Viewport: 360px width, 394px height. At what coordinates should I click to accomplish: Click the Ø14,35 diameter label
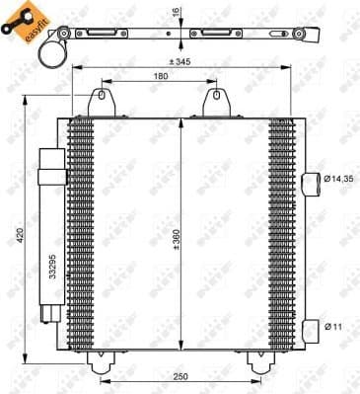click(x=339, y=179)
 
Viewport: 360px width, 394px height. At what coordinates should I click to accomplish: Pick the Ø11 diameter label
click(x=335, y=325)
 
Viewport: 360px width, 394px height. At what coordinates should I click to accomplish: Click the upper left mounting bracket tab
click(x=99, y=103)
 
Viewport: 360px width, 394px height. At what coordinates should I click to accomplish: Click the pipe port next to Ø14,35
click(x=313, y=180)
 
